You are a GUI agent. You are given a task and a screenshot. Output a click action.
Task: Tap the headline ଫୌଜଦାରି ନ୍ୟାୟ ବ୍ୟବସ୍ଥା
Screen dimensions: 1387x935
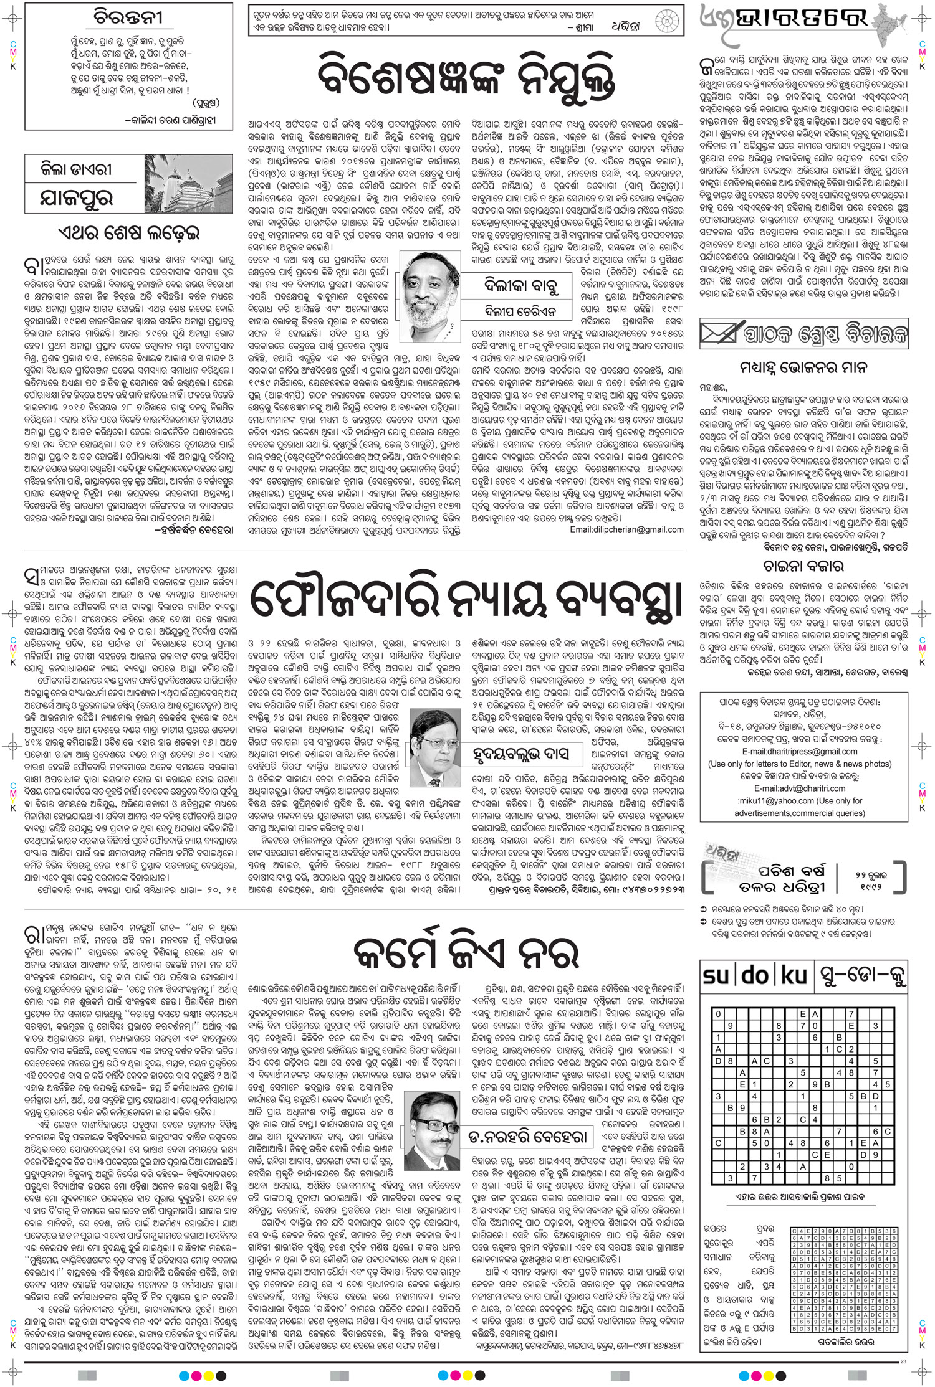coord(467,602)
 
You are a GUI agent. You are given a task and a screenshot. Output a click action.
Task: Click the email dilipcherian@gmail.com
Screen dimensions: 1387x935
coord(626,529)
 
